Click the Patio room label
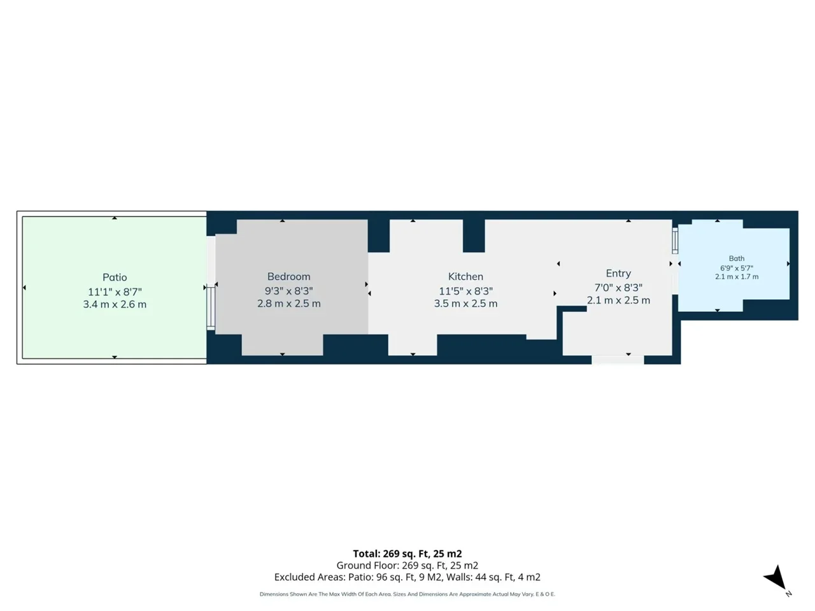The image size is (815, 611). coord(115,277)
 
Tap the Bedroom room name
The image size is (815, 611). coord(289,276)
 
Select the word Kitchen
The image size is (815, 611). coord(465,276)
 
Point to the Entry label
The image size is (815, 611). coord(618,274)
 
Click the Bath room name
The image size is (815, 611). coord(737,258)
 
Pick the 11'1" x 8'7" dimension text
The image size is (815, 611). coord(115,292)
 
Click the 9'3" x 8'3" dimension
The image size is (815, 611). coord(289,290)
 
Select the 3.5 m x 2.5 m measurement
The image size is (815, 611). coord(465,304)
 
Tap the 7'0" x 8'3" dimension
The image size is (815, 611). coord(618,288)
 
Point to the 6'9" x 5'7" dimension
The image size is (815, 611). coord(737,268)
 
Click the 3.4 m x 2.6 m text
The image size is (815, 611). coord(115,304)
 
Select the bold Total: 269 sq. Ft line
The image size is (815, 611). coord(407,554)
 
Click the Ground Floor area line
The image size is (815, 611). coord(407,565)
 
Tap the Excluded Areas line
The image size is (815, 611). coord(407,577)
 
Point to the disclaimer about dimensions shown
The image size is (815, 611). coord(407,594)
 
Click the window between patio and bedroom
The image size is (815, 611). coord(211,307)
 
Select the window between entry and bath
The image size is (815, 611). coord(675,241)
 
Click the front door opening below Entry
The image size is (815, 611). coord(618,360)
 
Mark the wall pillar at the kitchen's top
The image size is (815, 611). coord(474,236)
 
